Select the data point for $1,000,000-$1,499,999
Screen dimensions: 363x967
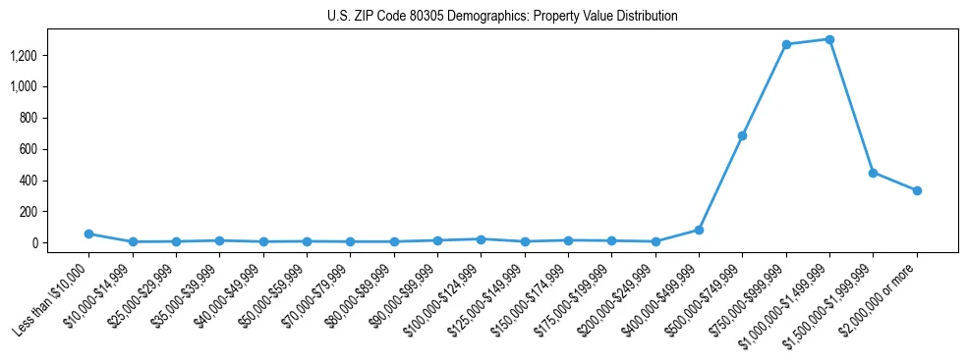pos(829,39)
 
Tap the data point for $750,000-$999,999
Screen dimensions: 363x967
pos(786,44)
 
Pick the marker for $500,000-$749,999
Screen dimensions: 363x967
pos(742,135)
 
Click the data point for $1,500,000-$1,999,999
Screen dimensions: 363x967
pos(873,173)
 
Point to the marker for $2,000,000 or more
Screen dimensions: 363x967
pos(917,190)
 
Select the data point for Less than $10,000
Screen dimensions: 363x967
pos(88,233)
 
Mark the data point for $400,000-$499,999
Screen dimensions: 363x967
pos(699,230)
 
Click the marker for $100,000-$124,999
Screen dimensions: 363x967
pos(481,238)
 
